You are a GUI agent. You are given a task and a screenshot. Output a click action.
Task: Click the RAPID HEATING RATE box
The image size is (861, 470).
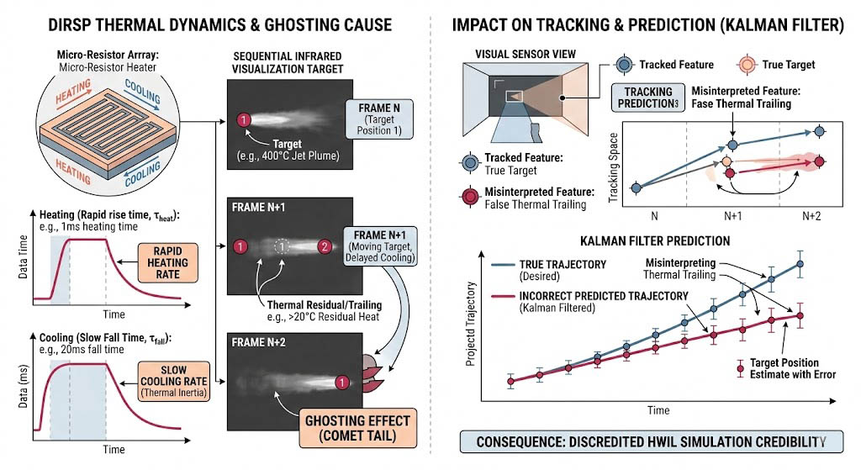coord(167,263)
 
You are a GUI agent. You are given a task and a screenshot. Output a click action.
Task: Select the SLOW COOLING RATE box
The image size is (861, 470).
coord(173,381)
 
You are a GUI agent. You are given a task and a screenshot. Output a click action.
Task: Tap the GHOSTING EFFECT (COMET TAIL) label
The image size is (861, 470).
coord(357,428)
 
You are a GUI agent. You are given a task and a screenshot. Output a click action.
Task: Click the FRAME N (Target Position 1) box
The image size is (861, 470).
coord(379,119)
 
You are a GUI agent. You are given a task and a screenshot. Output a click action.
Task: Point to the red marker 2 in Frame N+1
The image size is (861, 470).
coord(325,246)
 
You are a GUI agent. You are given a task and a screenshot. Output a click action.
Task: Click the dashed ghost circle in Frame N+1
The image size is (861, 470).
coord(282,246)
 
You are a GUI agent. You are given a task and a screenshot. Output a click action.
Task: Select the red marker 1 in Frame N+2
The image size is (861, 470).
coord(342,383)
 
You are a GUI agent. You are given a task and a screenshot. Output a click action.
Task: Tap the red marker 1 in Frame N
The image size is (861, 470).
coord(243,119)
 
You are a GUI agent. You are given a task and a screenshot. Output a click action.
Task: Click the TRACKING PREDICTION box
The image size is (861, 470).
coord(648,98)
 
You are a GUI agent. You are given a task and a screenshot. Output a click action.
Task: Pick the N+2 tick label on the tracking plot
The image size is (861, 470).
coord(811,216)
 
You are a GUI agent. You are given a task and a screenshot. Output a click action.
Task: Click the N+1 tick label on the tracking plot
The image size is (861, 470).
coord(732,216)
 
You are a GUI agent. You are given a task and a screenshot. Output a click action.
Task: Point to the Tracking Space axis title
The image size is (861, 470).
coord(613,167)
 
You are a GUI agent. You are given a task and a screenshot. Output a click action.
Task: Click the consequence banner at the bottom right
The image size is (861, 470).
coord(652,441)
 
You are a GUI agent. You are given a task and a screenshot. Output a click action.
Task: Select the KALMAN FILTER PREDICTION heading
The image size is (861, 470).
coord(655,241)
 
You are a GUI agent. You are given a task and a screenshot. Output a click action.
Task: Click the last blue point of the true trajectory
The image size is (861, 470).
coord(800,264)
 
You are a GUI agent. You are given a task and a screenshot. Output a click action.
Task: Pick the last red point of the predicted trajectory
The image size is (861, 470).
coord(800,315)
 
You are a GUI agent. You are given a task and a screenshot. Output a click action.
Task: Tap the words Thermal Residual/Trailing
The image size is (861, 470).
coord(324,305)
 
